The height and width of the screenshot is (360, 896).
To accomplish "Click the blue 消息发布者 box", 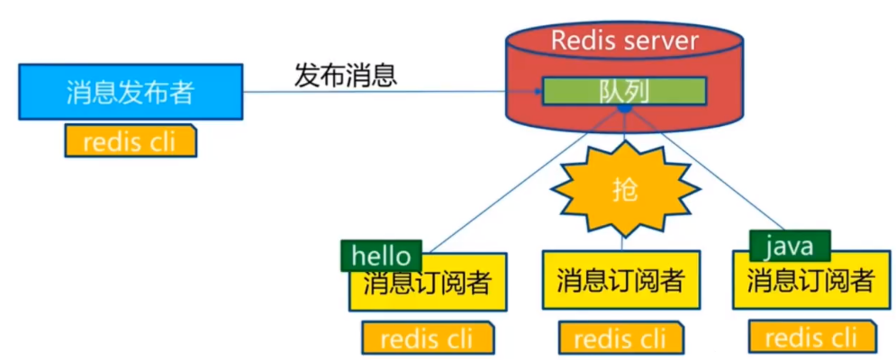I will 130,91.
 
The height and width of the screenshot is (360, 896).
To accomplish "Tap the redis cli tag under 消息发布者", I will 130,141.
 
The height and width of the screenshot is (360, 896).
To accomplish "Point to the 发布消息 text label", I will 345,74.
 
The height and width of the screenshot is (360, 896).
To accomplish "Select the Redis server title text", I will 624,40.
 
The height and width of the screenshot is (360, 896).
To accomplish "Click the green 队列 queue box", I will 624,91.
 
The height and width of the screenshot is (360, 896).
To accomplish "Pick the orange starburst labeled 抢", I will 624,186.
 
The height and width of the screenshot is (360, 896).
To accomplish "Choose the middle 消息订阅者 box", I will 620,280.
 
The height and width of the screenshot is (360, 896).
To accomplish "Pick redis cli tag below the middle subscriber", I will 620,338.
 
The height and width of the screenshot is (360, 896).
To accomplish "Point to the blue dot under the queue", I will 624,109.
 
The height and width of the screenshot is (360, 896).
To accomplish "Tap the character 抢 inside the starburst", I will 624,188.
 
